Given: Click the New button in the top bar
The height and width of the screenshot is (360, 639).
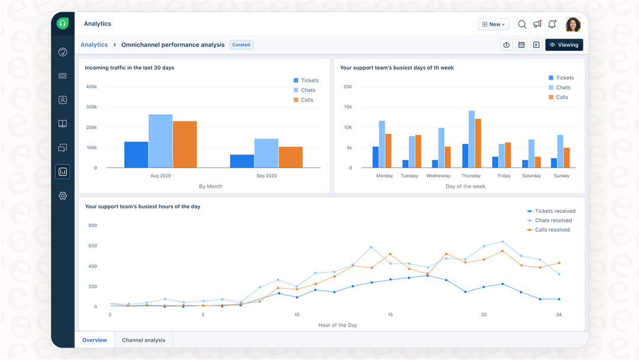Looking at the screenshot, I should (x=493, y=24).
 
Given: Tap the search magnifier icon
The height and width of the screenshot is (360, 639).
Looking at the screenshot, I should (x=522, y=24).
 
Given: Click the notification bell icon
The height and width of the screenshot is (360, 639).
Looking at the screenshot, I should (x=552, y=24).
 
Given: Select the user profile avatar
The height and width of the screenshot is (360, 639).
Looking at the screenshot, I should (x=573, y=24).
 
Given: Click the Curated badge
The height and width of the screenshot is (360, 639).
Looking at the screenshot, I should (x=241, y=45).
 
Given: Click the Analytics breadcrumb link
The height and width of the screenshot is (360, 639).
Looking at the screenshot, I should (x=94, y=45).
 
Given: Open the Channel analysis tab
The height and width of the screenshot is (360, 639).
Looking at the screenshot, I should (x=143, y=340).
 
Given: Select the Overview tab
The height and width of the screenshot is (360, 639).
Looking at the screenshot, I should (x=95, y=340).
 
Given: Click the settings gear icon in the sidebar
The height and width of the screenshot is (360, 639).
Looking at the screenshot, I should (x=63, y=196).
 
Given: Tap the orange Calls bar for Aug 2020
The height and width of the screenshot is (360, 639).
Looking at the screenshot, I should (x=185, y=144).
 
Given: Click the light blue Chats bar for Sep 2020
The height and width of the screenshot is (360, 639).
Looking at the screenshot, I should (x=266, y=153).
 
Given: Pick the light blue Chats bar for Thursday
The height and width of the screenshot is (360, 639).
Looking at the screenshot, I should (x=472, y=140).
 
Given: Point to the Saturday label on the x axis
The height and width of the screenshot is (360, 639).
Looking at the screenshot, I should (x=531, y=176).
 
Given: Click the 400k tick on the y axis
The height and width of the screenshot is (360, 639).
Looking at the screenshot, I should (x=91, y=87).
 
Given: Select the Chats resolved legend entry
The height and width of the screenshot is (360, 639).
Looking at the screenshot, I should (x=553, y=220).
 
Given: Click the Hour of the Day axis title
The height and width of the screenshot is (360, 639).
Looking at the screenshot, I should (x=337, y=325).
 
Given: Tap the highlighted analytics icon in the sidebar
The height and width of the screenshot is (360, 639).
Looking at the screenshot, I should (x=63, y=172).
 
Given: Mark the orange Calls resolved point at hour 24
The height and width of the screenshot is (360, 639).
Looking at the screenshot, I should (x=559, y=263).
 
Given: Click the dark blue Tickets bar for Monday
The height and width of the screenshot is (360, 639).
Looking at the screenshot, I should (x=375, y=157).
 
